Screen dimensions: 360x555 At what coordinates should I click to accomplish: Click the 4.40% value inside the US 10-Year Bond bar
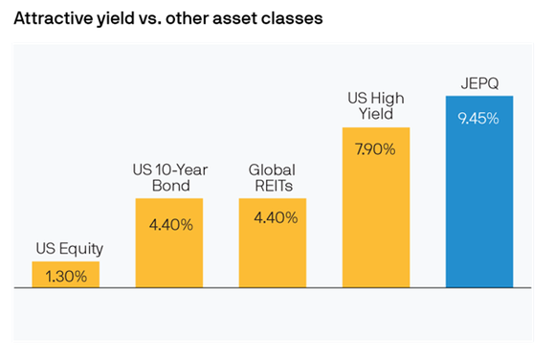tap(169, 225)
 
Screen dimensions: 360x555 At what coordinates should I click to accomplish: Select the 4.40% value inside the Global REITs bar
tap(273, 217)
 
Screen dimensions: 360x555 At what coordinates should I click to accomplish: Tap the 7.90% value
tap(376, 150)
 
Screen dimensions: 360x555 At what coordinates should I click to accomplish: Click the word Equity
tap(80, 249)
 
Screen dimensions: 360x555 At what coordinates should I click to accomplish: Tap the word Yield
tap(376, 113)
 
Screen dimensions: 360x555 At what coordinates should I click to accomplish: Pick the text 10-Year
tap(182, 169)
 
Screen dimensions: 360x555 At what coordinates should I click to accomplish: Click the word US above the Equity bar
tap(44, 249)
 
